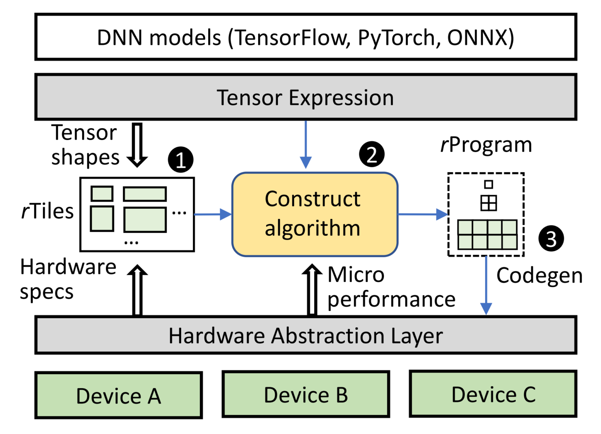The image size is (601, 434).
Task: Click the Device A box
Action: click(119, 395)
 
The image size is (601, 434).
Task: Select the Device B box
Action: click(306, 394)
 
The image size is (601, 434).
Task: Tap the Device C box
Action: click(493, 394)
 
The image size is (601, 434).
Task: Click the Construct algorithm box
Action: click(315, 214)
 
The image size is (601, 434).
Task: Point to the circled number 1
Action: click(180, 160)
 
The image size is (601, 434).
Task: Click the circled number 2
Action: click(371, 154)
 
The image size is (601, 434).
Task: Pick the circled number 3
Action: click(551, 239)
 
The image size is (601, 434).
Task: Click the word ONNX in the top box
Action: click(480, 38)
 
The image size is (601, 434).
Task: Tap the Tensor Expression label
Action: click(305, 97)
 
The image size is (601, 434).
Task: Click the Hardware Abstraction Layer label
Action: click(305, 335)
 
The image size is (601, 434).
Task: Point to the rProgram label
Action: click(486, 145)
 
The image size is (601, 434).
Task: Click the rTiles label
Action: click(47, 211)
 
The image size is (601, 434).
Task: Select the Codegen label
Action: click(539, 276)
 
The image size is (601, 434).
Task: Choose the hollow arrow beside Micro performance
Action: click(312, 289)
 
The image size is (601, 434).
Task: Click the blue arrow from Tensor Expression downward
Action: click(306, 145)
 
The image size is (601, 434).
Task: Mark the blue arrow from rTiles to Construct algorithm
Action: click(213, 214)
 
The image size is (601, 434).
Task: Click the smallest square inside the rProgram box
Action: click(488, 184)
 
